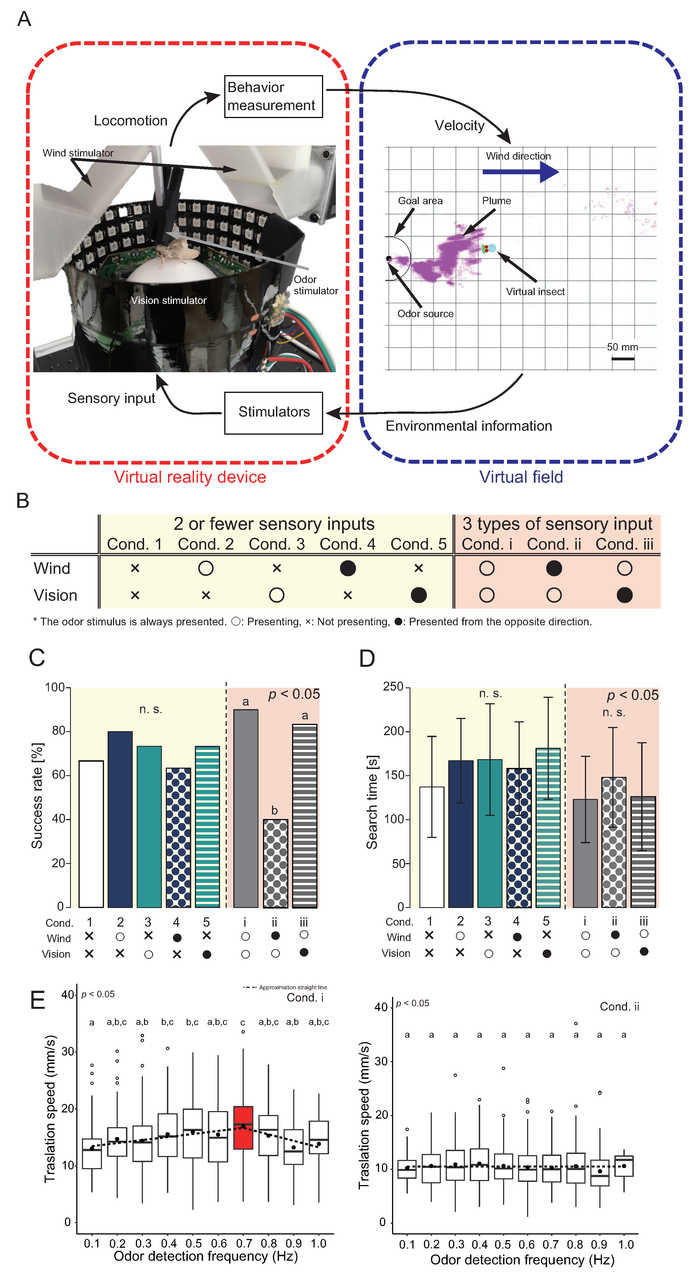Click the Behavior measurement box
tap(273, 96)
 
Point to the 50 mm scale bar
tap(623, 358)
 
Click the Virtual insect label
tap(535, 292)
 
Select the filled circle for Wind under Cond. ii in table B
tap(554, 568)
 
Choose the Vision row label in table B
tap(55, 595)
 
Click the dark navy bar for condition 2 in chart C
tap(120, 818)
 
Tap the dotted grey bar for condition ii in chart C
tap(275, 863)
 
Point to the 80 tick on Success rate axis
tap(58, 731)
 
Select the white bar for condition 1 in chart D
tap(431, 847)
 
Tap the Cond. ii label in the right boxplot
tap(619, 1007)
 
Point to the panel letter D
tap(367, 658)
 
